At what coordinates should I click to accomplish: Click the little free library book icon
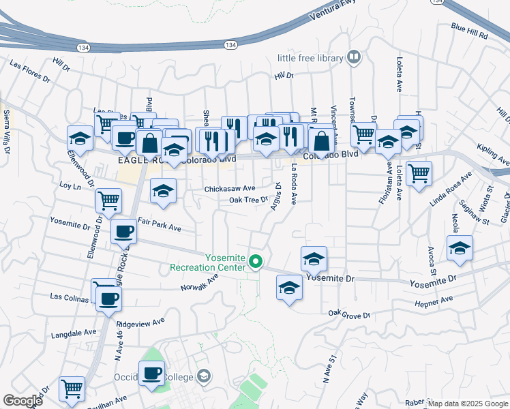[x=354, y=57]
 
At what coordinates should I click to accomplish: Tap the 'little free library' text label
[x=310, y=59]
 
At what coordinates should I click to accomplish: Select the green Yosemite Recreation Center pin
[x=256, y=261]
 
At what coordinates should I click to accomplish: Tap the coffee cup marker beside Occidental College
[x=151, y=372]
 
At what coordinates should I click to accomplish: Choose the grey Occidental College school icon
[x=203, y=376]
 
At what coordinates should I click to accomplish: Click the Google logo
[x=22, y=400]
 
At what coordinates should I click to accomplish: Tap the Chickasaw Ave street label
[x=230, y=188]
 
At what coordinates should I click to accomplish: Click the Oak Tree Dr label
[x=248, y=200]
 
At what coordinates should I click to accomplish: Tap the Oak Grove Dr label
[x=348, y=315]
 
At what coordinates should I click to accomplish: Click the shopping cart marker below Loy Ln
[x=108, y=200]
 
